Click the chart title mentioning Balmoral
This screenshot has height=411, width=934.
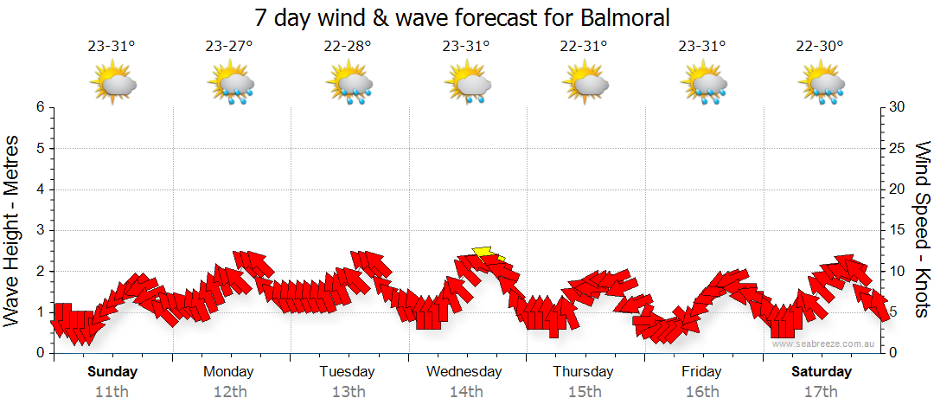(463, 17)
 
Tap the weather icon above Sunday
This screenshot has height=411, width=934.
(112, 84)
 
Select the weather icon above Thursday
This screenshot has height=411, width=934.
(585, 84)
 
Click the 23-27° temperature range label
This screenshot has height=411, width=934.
(229, 47)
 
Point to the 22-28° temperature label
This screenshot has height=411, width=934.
(348, 47)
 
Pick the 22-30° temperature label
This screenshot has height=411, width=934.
(820, 47)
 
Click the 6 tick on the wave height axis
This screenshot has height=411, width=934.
(39, 107)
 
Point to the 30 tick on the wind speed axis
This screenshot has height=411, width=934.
(899, 107)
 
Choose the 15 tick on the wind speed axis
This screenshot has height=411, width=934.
(899, 230)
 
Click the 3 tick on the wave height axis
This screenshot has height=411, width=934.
(39, 230)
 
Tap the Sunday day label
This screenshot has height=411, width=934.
(112, 372)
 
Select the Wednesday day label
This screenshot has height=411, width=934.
(465, 372)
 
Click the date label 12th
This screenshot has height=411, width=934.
(229, 391)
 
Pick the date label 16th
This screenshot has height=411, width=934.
(702, 391)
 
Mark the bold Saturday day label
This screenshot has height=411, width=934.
(822, 372)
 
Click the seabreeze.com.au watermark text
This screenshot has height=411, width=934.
(824, 344)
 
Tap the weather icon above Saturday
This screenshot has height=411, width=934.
(822, 84)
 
